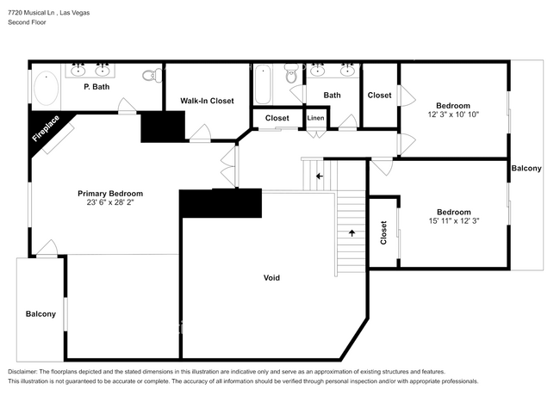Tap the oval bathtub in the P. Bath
pos(45,89)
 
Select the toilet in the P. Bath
pos(152,77)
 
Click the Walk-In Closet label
pos(207,101)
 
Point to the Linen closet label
pos(316,118)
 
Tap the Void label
pos(271,278)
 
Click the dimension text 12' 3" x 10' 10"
pos(453,114)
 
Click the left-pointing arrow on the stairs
pos(320,176)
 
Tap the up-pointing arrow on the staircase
pos(352,232)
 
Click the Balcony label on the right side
pos(526,169)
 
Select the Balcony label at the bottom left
pos(40,314)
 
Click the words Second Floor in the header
pos(28,23)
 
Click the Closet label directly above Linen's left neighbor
pos(277,118)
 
